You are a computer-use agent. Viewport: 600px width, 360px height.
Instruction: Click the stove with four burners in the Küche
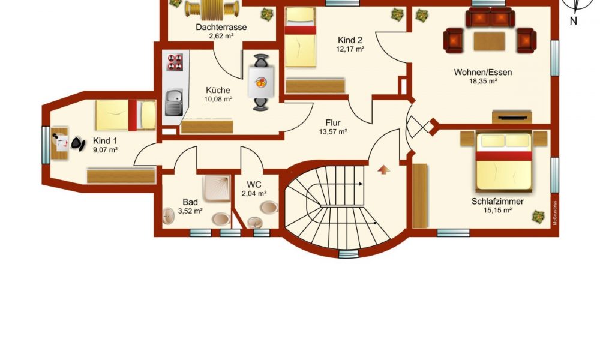pos(175,62)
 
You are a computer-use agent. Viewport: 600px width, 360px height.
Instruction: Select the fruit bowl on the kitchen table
pos(261,82)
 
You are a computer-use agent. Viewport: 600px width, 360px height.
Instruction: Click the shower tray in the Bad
pos(217,188)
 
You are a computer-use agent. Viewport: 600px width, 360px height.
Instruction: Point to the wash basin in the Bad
pos(168,216)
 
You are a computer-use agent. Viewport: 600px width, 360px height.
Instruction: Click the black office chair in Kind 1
pos(77,144)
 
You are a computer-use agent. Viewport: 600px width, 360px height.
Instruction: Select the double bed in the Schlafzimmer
pos(504,161)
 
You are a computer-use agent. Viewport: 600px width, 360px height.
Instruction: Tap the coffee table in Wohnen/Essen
pos(489,42)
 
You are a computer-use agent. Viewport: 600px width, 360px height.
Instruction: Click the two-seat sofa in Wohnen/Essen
pos(490,17)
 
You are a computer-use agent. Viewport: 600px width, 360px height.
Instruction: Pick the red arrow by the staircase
pos(384,169)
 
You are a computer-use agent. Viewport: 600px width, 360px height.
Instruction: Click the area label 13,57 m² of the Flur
pos(333,132)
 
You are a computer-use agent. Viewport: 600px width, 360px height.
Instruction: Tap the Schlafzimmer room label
pos(497,201)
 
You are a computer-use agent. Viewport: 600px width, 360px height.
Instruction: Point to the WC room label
pos(254,185)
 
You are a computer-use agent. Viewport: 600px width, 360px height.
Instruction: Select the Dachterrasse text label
pos(221,27)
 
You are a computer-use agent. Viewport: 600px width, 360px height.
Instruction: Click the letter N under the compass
pos(573,21)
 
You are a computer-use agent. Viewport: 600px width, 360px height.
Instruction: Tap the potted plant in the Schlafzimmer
pos(538,217)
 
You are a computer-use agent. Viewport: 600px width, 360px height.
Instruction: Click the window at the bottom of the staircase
pos(349,254)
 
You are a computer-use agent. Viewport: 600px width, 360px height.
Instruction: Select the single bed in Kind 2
pos(301,37)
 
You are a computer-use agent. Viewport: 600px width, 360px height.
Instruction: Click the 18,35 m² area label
pos(483,81)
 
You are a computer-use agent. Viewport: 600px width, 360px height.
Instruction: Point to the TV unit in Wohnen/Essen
pos(512,117)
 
